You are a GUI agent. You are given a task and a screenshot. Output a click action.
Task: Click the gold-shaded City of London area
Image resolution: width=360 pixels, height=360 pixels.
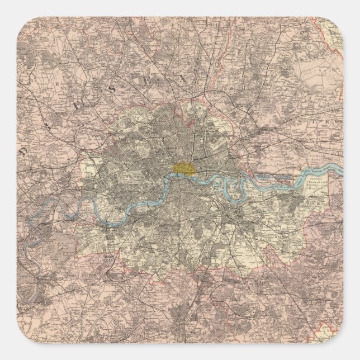182,167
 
